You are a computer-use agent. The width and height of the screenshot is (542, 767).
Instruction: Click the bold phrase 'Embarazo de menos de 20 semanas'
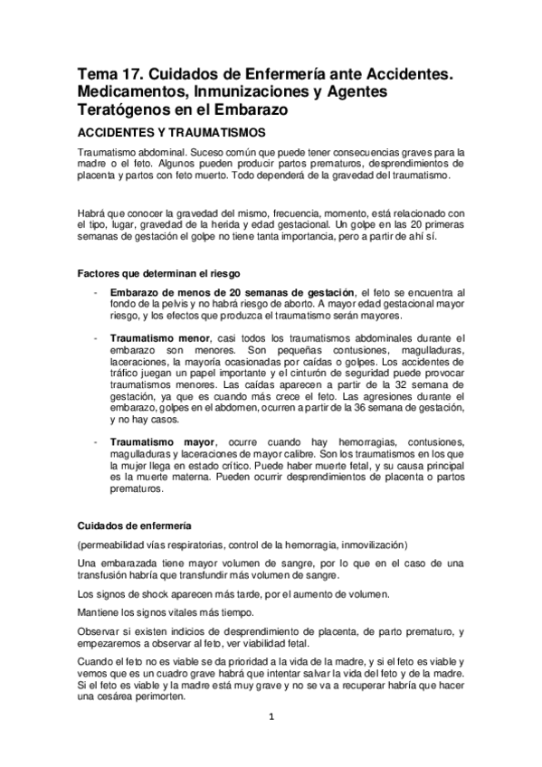pos(197,292)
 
